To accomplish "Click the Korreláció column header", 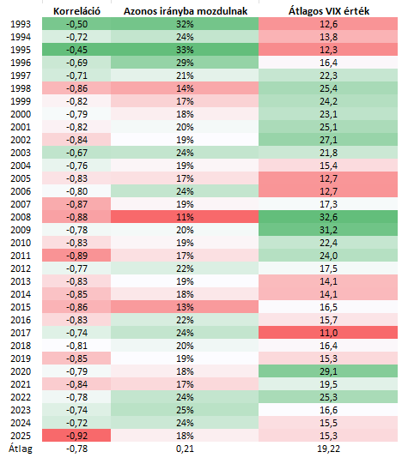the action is tap(76, 11).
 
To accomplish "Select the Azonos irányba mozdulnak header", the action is tap(186, 11).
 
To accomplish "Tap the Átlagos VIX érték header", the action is tap(329, 11).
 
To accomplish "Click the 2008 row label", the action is tap(21, 217).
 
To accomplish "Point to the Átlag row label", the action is tap(21, 449).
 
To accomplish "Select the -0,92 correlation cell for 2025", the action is tap(76, 436).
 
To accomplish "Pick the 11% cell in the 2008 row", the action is tap(185, 217).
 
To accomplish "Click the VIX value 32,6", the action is tap(328, 217).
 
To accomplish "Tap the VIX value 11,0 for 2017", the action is tap(328, 333).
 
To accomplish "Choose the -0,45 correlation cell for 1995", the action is tap(76, 50).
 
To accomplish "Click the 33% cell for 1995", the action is tap(185, 50).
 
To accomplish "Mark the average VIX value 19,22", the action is tap(328, 449).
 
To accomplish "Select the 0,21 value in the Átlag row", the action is tap(185, 449).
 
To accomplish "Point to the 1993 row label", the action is tap(21, 24).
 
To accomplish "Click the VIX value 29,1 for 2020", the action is tap(328, 371).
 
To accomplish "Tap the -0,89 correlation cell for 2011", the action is tap(76, 256).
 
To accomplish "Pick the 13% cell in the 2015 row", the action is tap(185, 307).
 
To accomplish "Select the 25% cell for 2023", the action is tap(185, 410).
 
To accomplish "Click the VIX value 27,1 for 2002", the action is tap(328, 140).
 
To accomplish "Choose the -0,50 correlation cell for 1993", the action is tap(76, 24).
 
